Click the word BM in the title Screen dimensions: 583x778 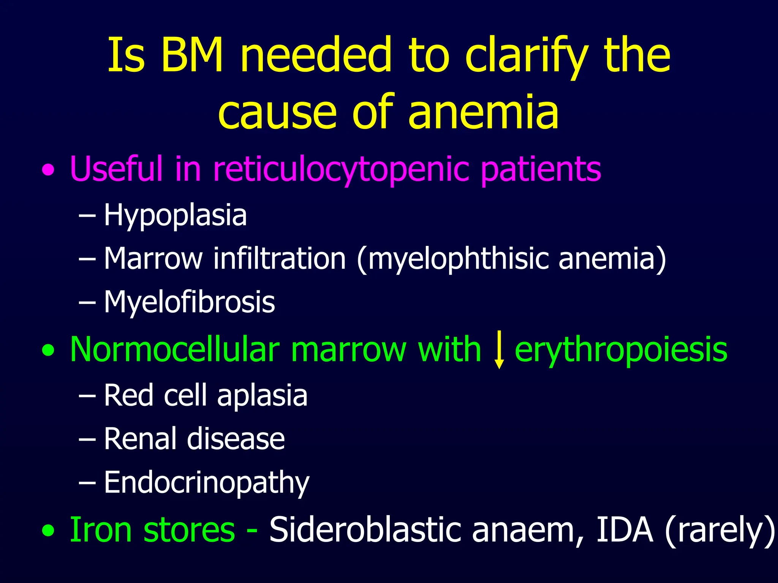(192, 55)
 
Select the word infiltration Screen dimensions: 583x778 (279, 258)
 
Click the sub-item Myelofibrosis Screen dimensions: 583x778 (189, 302)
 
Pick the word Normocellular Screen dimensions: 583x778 (175, 349)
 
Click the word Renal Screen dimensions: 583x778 (140, 439)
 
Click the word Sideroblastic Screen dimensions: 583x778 (365, 530)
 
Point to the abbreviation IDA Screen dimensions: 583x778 (625, 529)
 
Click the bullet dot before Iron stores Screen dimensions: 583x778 (48, 531)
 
